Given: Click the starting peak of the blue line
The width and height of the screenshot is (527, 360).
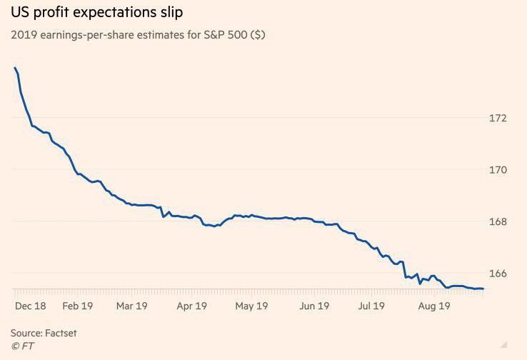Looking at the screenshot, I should pos(14,68).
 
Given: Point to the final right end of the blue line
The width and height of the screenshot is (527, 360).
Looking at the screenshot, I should pos(483,289).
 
